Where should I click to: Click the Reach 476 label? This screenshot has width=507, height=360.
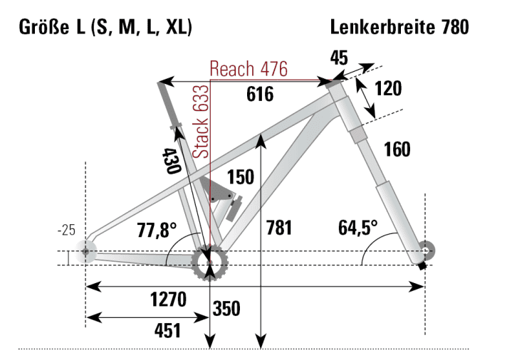(x=248, y=69)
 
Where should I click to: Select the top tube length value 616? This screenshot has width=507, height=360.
(x=260, y=94)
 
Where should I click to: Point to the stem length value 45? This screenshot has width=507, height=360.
(x=340, y=58)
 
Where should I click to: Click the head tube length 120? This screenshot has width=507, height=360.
(x=388, y=89)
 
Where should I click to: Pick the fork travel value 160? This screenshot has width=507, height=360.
(x=397, y=149)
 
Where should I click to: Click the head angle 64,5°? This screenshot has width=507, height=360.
(x=358, y=228)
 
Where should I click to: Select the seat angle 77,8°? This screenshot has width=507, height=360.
(x=156, y=230)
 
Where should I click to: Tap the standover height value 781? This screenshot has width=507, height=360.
(x=279, y=229)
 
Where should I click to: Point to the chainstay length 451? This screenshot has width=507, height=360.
(x=167, y=331)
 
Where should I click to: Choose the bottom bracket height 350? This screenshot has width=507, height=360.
(x=226, y=309)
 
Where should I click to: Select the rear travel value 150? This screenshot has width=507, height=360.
(x=240, y=176)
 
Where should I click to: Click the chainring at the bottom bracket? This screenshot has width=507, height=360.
(x=210, y=263)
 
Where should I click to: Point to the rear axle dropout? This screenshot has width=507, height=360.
(x=87, y=251)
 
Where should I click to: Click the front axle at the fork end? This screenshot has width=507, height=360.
(x=426, y=250)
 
